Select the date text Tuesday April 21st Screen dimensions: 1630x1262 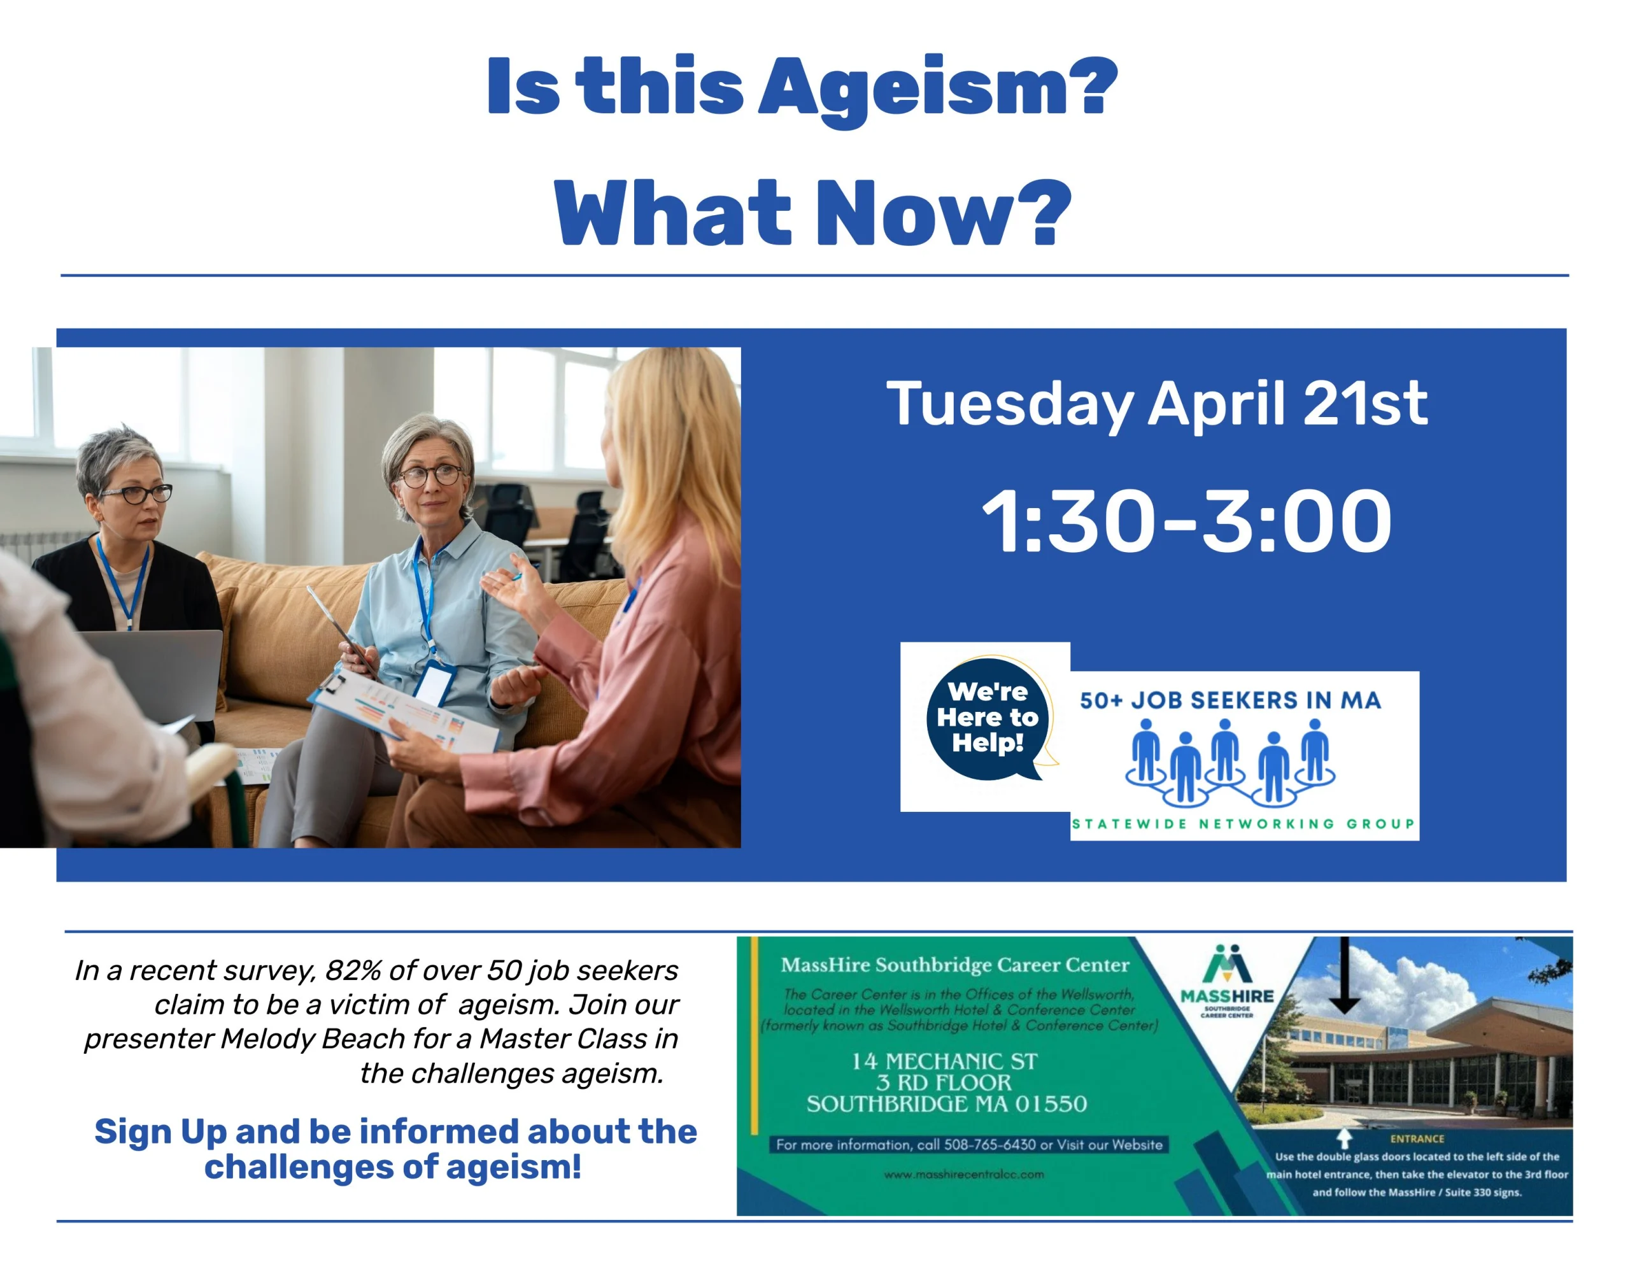tap(1157, 404)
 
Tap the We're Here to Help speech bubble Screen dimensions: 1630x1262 tap(989, 719)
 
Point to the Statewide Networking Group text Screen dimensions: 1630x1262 tap(1244, 825)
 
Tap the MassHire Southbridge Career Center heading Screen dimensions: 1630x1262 tap(955, 966)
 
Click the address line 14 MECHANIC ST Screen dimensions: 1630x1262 tap(945, 1062)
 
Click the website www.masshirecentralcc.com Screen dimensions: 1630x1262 tap(964, 1175)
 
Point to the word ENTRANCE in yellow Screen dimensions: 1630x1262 tap(1417, 1139)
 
